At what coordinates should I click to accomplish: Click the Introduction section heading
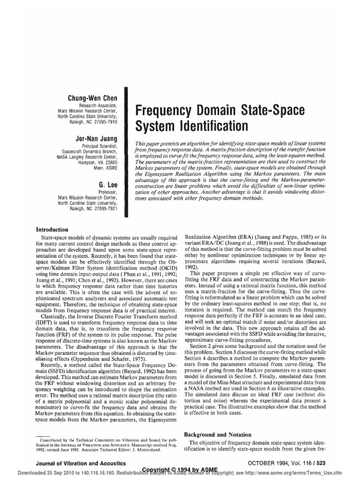(x=52, y=230)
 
